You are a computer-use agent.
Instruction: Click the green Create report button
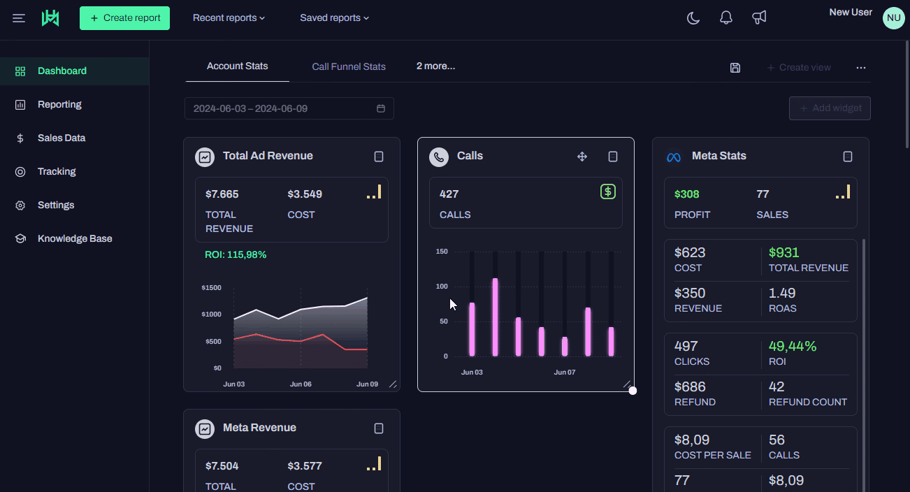click(124, 18)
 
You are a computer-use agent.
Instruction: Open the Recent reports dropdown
click(229, 18)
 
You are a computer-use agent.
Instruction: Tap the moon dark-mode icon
click(693, 18)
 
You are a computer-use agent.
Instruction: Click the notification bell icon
click(726, 18)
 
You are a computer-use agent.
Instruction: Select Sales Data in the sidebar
click(62, 138)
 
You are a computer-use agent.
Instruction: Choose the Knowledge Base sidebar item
click(75, 238)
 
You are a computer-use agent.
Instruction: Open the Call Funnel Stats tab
click(349, 66)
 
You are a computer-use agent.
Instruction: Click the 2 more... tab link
click(435, 66)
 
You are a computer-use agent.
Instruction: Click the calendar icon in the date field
click(381, 108)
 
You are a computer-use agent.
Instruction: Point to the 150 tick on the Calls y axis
click(441, 252)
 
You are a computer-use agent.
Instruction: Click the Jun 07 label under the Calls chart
click(565, 372)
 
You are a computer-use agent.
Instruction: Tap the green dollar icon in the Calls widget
click(608, 191)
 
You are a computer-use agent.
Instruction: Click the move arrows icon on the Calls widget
click(582, 157)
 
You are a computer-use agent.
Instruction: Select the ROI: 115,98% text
click(236, 255)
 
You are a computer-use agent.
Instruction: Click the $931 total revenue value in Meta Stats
click(783, 253)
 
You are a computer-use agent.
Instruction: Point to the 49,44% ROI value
click(793, 346)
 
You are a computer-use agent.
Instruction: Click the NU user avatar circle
click(893, 18)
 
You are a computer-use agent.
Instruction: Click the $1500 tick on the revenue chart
click(211, 288)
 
